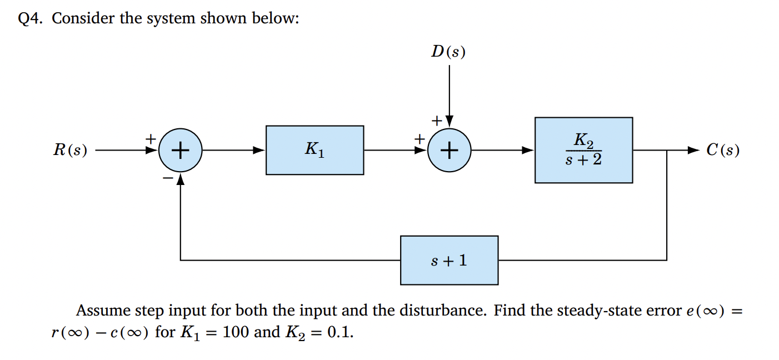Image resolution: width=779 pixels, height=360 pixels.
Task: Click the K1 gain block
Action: coord(314,150)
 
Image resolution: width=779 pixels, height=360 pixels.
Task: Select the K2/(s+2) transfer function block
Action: coord(583,150)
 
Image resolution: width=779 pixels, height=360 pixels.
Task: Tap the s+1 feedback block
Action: coord(449,260)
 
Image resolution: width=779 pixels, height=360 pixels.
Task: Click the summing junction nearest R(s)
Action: coord(180,150)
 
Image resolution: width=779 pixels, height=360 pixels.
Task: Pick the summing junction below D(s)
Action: coord(449,150)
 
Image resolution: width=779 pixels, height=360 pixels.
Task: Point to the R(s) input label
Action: coord(70,151)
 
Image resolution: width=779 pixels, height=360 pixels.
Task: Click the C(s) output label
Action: coord(722,151)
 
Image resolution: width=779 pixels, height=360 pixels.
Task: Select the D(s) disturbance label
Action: coord(448,52)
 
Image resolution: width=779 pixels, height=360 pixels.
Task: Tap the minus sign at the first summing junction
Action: coord(166,178)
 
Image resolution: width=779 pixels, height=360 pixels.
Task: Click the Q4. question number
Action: coord(32,19)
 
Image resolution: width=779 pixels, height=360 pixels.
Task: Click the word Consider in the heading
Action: coord(78,19)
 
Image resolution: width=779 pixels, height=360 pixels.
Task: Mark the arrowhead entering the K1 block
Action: coord(259,150)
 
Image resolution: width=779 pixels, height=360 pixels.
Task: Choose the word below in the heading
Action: coord(281,19)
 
